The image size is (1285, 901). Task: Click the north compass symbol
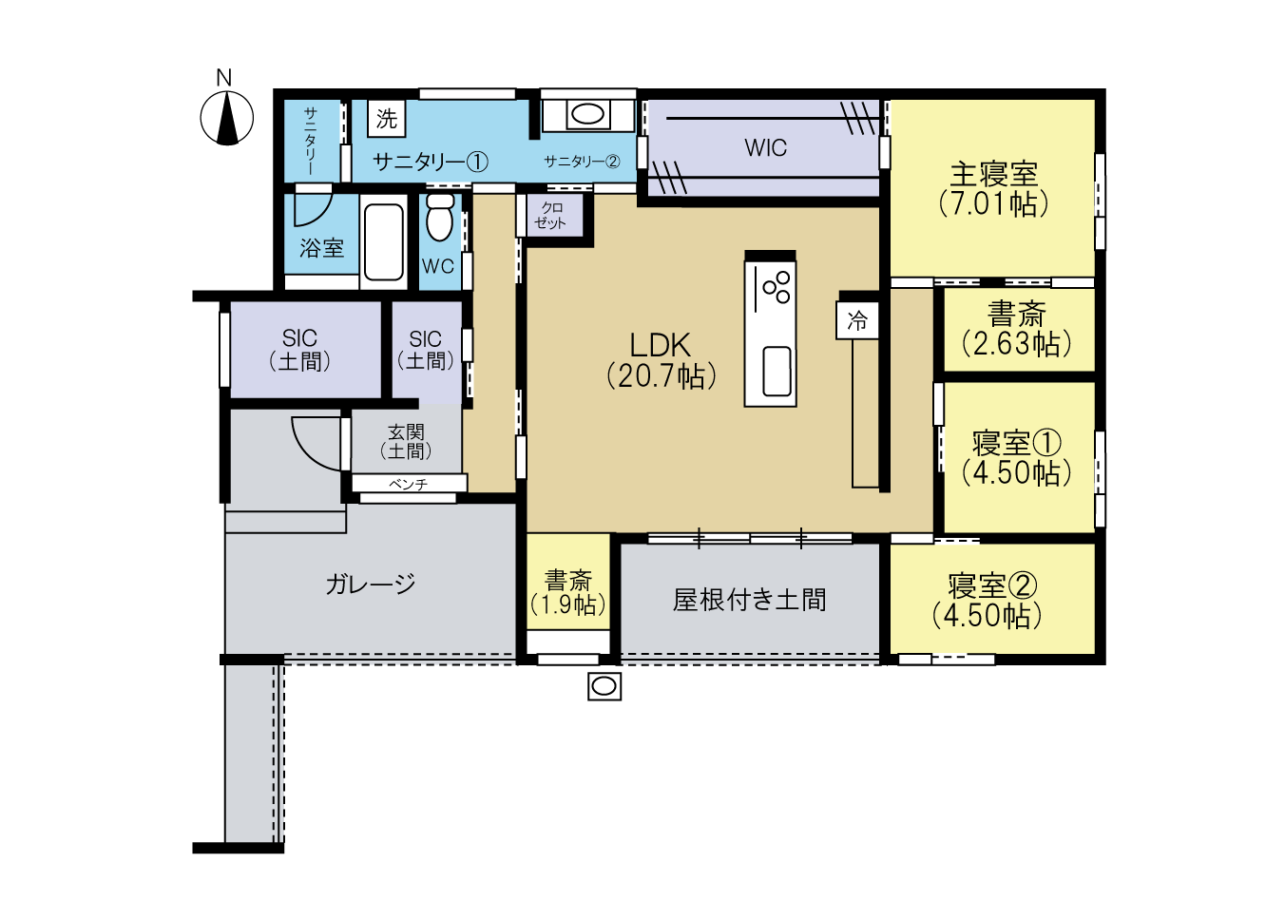coord(226,119)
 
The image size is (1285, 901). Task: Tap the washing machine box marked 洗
coord(387,119)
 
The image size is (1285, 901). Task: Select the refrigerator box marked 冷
coord(857,320)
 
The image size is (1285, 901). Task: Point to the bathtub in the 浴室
coord(384,242)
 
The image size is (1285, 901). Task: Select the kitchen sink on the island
coord(777,371)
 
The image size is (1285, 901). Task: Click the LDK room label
coord(660,345)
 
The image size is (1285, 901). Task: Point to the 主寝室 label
coord(994,174)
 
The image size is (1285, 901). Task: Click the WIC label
coord(766,148)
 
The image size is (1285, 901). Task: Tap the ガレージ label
coord(371,585)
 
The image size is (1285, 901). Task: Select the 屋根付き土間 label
coord(750,600)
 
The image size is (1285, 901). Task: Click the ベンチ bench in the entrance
coord(409,484)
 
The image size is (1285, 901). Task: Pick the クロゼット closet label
coord(550,216)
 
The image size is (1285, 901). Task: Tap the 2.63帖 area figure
coord(1016,344)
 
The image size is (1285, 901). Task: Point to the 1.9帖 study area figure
coord(568,604)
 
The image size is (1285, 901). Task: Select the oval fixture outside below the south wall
coord(604,686)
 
